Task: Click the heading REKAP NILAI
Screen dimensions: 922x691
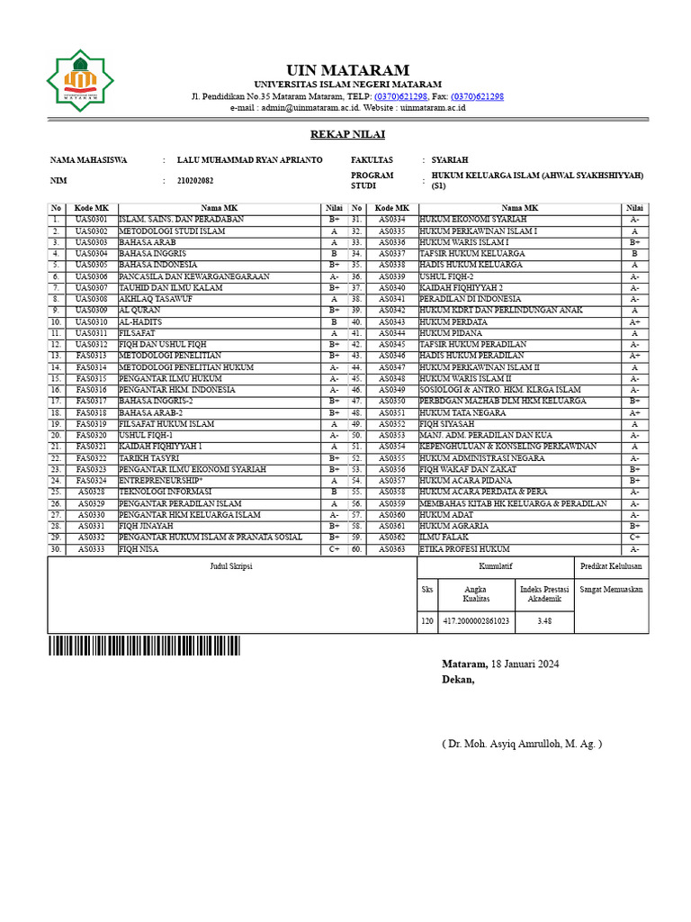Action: click(347, 134)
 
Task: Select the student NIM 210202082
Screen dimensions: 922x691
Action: click(195, 181)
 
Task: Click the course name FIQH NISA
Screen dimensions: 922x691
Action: click(139, 549)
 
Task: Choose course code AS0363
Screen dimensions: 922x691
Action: click(391, 549)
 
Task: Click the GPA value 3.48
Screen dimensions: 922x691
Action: click(543, 620)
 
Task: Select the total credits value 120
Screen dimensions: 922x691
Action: click(427, 620)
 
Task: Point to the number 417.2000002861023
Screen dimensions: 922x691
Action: click(476, 620)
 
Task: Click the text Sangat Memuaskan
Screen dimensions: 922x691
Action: click(611, 589)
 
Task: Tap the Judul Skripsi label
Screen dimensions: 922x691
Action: click(231, 566)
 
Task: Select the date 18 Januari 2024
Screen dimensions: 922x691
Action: click(525, 664)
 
